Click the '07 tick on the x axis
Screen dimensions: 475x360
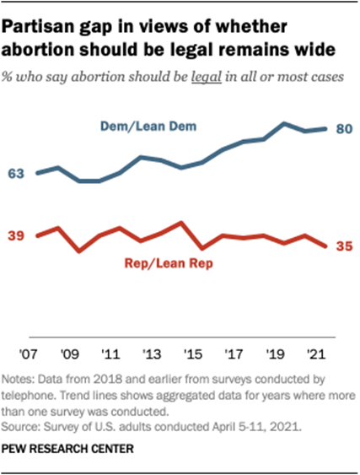pos(39,348)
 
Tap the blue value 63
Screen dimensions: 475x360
pos(17,173)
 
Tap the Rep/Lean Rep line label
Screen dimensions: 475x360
pos(170,263)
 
